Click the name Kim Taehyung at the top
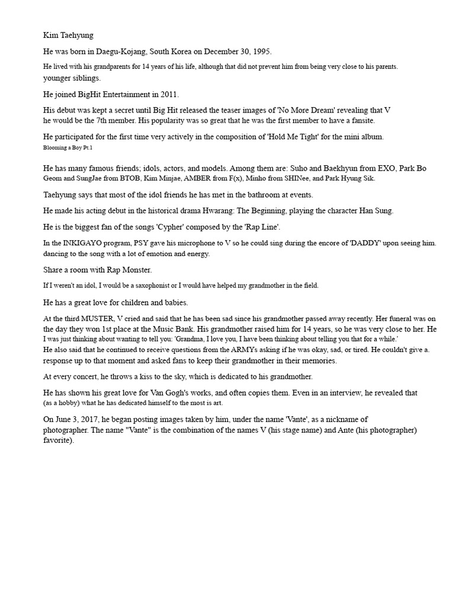69,36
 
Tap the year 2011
168,94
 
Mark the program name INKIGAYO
81,244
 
